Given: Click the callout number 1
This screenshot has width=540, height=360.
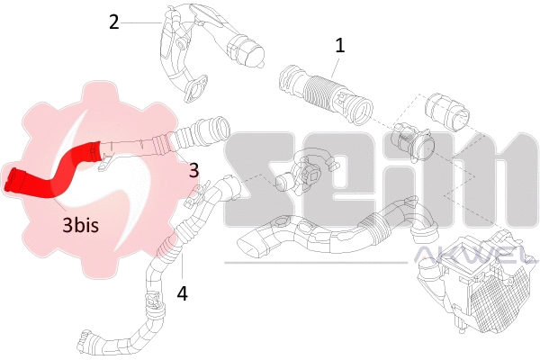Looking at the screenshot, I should coord(339,45).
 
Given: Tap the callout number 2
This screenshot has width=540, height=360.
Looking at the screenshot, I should coord(113,22).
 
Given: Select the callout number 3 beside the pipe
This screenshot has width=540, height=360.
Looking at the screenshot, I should coord(193,167).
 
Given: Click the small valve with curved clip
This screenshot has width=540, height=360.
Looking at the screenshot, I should coord(306,171).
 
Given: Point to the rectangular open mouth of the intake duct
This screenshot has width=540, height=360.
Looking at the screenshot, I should coord(253,241).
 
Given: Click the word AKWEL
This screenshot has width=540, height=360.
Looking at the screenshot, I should coord(472,260).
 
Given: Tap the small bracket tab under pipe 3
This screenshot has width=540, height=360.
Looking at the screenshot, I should coord(106,164).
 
